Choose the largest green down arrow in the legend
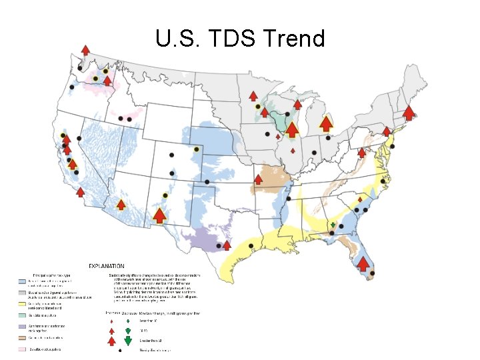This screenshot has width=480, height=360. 127,341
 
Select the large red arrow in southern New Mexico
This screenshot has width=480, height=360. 159,215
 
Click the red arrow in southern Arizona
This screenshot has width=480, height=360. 121,204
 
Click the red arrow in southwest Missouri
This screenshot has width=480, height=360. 258,179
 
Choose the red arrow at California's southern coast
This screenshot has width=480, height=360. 80,192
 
